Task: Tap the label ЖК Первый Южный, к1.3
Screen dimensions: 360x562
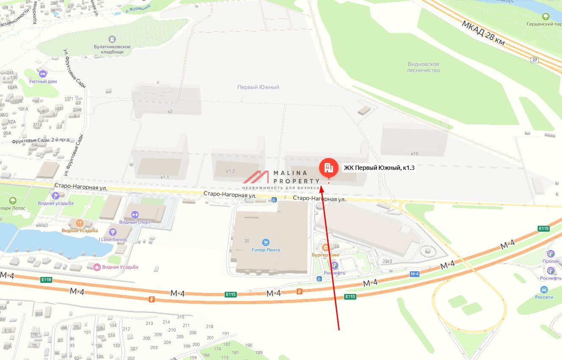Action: coord(379,168)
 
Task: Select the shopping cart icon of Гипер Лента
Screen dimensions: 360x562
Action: coord(266,242)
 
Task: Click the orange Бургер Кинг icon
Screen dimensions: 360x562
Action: coord(326,247)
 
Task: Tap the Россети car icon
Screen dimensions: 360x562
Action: coord(544,290)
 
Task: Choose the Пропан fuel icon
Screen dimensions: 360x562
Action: coord(551,254)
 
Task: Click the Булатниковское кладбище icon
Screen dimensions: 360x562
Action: coord(112,39)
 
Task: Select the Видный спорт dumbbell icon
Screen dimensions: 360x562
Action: coord(135,215)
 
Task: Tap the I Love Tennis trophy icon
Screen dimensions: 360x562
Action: coord(113,232)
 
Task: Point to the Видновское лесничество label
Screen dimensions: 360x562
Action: coord(423,67)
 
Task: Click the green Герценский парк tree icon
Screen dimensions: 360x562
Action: coord(546,16)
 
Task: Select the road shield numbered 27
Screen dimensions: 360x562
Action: coord(535,60)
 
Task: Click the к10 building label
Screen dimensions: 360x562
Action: coord(415,153)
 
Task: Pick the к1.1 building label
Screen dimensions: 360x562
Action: coord(164,177)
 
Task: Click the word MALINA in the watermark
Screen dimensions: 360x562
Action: coord(290,173)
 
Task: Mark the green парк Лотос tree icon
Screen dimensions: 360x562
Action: coord(12,200)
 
